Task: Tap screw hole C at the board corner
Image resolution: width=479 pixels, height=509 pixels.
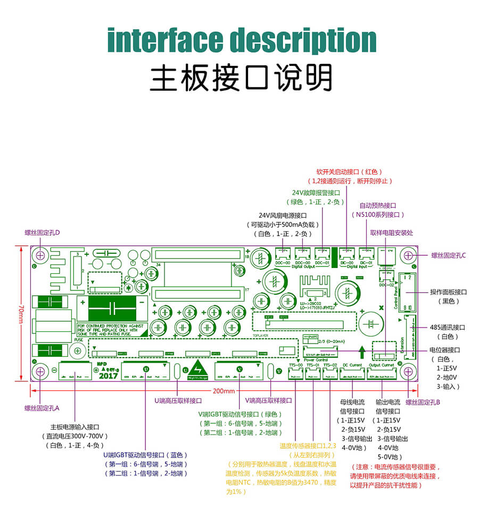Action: (409, 256)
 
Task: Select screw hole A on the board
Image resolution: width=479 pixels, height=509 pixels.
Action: (40, 371)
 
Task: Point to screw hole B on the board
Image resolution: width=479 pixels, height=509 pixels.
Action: (409, 371)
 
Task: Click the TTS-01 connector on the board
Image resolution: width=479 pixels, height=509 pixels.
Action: (313, 374)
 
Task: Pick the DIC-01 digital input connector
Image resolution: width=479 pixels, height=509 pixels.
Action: (366, 254)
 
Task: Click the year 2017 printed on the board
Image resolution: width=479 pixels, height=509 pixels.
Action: (108, 376)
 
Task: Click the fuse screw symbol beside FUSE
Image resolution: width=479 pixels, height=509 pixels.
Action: (78, 351)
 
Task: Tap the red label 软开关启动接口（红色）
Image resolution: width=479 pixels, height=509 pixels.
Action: (349, 172)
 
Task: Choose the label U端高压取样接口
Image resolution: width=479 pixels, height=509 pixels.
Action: (178, 400)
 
